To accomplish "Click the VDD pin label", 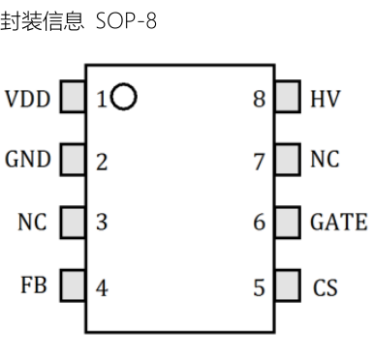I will [x=28, y=99].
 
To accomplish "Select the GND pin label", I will [x=28, y=161].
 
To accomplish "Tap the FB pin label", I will [x=33, y=286].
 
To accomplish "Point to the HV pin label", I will [x=325, y=99].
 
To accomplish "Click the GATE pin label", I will [x=338, y=224].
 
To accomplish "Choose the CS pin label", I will [x=326, y=286].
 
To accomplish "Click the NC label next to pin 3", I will [x=33, y=224].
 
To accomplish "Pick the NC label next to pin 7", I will [x=326, y=161].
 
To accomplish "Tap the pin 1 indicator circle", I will [x=124, y=97].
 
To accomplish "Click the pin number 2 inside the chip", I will [x=102, y=162].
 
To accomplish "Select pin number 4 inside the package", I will [x=102, y=287].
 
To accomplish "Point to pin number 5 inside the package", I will [x=259, y=287].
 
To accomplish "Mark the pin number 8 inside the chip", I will [x=259, y=99].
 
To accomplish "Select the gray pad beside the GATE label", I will [x=288, y=223].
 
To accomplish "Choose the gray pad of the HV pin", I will [x=288, y=98].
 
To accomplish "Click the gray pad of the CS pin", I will [x=288, y=286].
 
